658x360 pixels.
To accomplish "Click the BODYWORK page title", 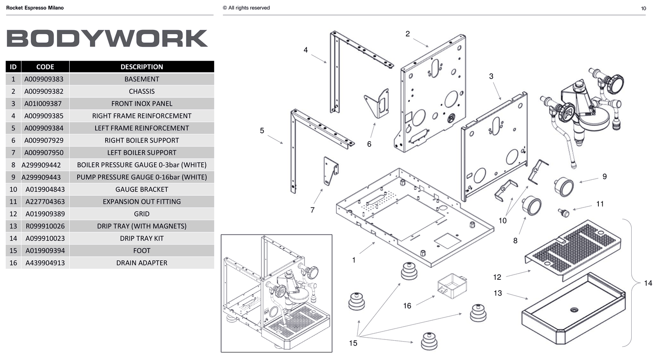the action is [107, 38].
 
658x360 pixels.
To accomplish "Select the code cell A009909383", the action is [44, 79].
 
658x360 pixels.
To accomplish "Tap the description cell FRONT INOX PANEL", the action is [142, 103].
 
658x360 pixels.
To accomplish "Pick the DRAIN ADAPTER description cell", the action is [142, 263].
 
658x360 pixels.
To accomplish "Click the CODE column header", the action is [45, 67].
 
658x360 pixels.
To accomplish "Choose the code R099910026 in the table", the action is [45, 226].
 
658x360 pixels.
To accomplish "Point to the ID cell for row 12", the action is [13, 214].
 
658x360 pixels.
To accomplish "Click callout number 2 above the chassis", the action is [408, 34].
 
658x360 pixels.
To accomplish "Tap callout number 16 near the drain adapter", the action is [407, 306].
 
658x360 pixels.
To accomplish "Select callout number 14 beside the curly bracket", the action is [648, 283].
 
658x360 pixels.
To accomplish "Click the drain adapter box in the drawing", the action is [452, 286].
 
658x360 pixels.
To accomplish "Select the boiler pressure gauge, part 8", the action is [532, 206].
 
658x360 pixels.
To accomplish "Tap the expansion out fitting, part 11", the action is [563, 212].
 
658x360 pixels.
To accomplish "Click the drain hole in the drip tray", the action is [574, 310].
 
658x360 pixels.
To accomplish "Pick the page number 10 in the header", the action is [644, 8].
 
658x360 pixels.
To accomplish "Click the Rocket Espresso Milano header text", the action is [35, 8].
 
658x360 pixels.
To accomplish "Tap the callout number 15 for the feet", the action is [353, 343].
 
